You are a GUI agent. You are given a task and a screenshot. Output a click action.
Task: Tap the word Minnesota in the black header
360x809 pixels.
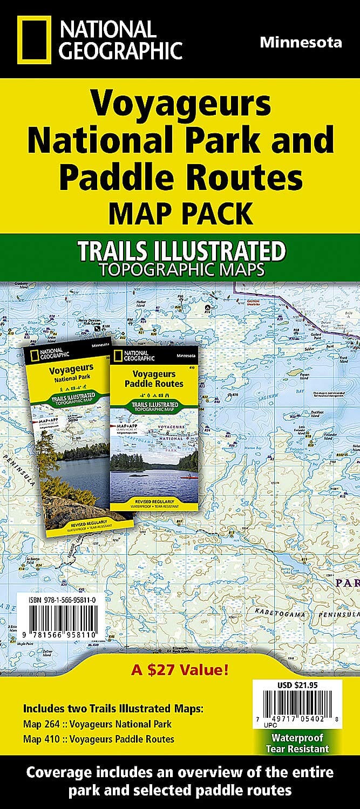pyautogui.click(x=300, y=43)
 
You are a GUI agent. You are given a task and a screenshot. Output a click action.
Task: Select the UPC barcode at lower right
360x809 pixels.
pyautogui.click(x=297, y=705)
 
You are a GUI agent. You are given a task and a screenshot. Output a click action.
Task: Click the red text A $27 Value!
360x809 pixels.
pyautogui.click(x=180, y=671)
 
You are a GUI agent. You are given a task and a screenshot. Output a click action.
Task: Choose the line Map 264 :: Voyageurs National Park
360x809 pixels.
pyautogui.click(x=98, y=724)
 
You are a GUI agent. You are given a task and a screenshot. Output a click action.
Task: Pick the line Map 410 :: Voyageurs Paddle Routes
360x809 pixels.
pyautogui.click(x=99, y=739)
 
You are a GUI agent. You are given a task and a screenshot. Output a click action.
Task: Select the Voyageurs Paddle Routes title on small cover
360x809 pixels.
pyautogui.click(x=154, y=379)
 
